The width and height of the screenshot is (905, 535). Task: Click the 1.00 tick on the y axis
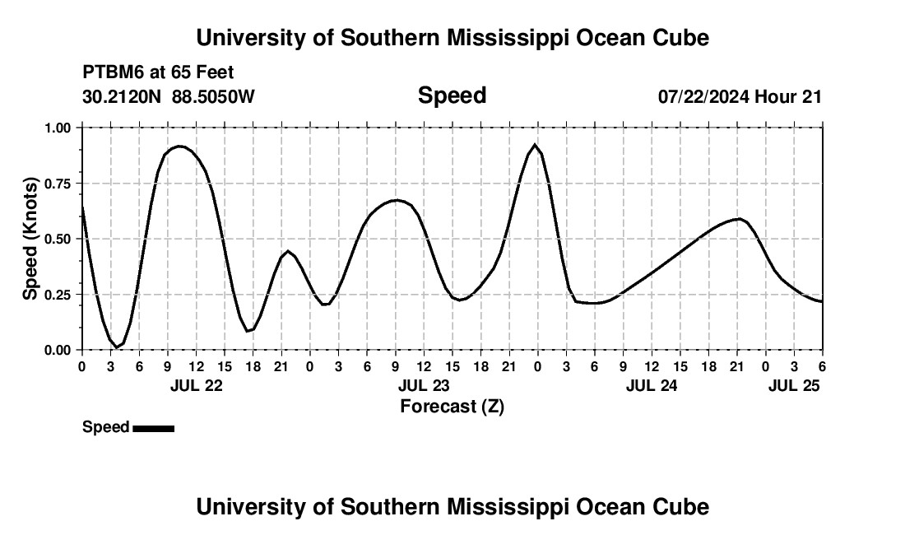click(x=58, y=128)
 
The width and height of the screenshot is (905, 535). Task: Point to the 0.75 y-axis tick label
click(x=58, y=184)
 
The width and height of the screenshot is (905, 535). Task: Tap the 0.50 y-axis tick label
click(x=58, y=239)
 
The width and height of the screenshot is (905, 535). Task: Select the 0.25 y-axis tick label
click(x=58, y=295)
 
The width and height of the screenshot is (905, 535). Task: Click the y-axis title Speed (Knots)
click(x=30, y=239)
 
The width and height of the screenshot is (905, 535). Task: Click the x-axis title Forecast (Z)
click(x=452, y=406)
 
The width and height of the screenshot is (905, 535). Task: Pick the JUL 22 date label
click(x=196, y=385)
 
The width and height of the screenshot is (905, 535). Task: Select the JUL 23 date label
click(x=424, y=385)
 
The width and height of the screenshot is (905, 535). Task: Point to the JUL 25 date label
click(x=795, y=385)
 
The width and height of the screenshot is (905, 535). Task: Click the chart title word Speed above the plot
click(x=452, y=95)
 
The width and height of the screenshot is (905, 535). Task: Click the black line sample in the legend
click(x=153, y=428)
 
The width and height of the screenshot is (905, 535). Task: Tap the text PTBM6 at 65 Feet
click(x=158, y=72)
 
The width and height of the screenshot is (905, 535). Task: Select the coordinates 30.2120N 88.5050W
click(x=169, y=97)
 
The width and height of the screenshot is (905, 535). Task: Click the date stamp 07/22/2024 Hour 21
click(x=740, y=97)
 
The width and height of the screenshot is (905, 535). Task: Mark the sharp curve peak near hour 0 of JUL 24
click(x=536, y=146)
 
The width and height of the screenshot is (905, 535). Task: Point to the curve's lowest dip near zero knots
click(x=117, y=347)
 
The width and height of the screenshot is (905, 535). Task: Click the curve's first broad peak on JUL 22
click(x=179, y=147)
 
